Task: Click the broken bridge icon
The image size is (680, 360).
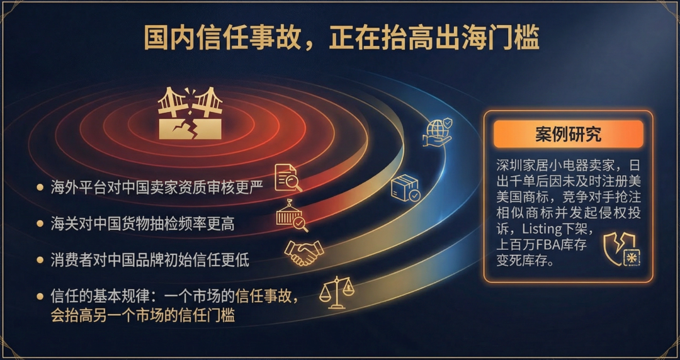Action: [190, 113]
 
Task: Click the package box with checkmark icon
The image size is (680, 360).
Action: [405, 188]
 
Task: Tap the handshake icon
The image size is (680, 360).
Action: [304, 252]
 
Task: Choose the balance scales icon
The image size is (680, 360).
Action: [336, 292]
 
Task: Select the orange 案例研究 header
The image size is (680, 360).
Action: [568, 135]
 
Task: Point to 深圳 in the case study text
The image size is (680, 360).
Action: [511, 166]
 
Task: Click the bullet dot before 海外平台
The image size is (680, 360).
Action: [40, 188]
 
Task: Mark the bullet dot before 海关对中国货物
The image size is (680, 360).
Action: [40, 224]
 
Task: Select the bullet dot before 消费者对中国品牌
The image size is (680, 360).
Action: [40, 260]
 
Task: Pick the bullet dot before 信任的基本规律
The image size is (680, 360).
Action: [40, 296]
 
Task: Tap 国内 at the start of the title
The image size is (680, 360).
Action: [169, 37]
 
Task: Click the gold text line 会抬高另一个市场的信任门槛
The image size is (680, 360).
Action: [143, 315]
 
